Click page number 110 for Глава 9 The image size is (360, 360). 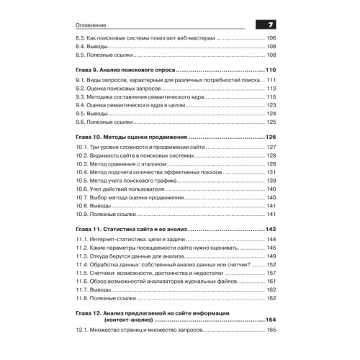tap(270, 69)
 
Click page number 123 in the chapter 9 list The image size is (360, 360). tap(271, 105)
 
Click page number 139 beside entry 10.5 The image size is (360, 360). tap(271, 181)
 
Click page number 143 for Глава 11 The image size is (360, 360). tap(270, 229)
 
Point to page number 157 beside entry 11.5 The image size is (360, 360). tap(271, 274)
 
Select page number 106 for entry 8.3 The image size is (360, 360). tap(271, 37)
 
